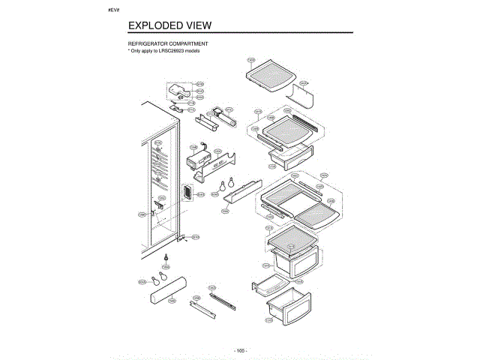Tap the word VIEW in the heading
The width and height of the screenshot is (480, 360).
tap(202, 25)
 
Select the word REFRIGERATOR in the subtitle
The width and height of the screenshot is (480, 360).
tap(148, 45)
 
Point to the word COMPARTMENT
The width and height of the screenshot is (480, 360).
tap(188, 45)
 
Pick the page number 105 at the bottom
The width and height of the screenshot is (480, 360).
tap(239, 350)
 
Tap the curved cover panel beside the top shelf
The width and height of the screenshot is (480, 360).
tap(303, 95)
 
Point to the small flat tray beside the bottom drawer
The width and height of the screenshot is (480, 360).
tap(268, 285)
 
